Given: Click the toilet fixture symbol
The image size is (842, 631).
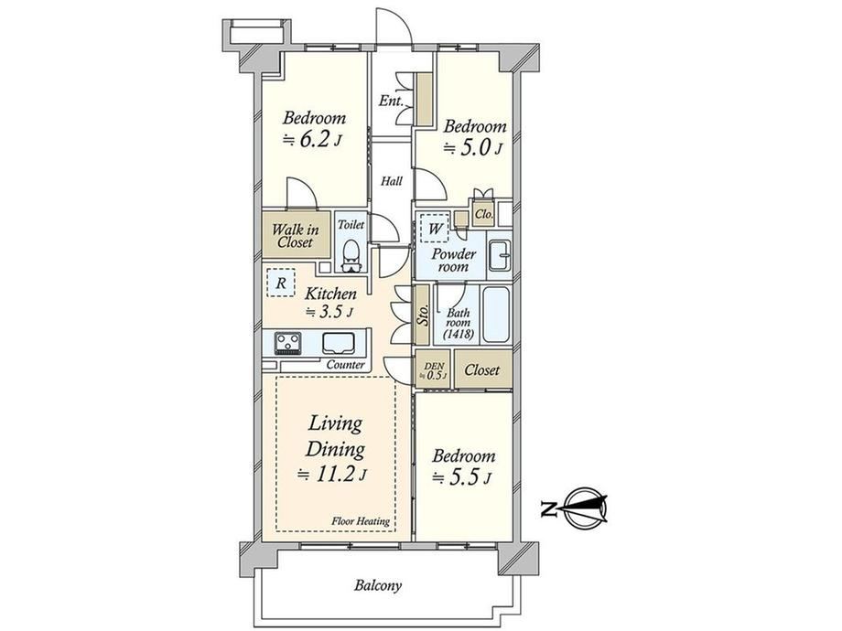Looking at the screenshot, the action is pyautogui.click(x=351, y=256).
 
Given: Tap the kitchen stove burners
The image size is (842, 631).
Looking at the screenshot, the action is pyautogui.click(x=287, y=344).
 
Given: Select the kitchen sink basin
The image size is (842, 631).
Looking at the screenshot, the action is pyautogui.click(x=339, y=344).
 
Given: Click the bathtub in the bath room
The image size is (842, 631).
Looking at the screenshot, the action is pyautogui.click(x=496, y=315).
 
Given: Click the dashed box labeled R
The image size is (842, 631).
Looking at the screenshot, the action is pyautogui.click(x=281, y=283).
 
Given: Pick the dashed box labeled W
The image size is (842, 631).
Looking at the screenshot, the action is pyautogui.click(x=435, y=230).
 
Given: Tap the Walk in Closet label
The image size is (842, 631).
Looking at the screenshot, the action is pyautogui.click(x=295, y=236).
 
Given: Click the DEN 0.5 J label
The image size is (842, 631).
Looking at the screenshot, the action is pyautogui.click(x=434, y=370).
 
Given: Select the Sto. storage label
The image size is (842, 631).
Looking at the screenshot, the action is pyautogui.click(x=423, y=315).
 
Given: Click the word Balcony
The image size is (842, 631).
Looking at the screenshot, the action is pyautogui.click(x=377, y=585).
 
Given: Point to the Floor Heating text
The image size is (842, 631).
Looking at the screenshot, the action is pyautogui.click(x=361, y=521).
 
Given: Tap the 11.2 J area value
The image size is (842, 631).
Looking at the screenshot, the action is pyautogui.click(x=332, y=475).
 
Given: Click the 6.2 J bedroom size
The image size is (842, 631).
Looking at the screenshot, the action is pyautogui.click(x=312, y=140).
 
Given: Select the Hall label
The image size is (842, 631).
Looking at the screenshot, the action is pyautogui.click(x=392, y=181).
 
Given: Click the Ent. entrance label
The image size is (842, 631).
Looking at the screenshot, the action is pyautogui.click(x=391, y=101).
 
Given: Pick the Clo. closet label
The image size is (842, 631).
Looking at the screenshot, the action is pyautogui.click(x=484, y=214).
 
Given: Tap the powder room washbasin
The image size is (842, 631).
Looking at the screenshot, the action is pyautogui.click(x=500, y=255).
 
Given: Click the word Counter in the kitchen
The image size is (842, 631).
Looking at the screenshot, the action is pyautogui.click(x=345, y=365).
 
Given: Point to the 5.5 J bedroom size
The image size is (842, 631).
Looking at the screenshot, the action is pyautogui.click(x=462, y=477).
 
